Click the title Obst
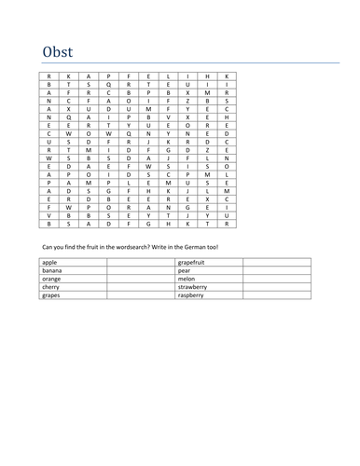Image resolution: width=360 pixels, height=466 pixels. [57, 51]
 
